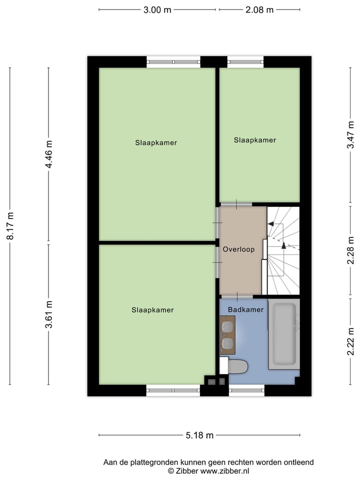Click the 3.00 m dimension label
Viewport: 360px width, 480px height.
coord(158,10)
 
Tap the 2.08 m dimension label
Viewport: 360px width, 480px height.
coord(259,10)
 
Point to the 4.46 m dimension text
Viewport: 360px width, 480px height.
coord(49,155)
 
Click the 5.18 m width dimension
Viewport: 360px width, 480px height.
coord(199,435)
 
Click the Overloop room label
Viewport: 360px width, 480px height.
coord(238,249)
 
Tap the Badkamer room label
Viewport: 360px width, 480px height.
coord(245,309)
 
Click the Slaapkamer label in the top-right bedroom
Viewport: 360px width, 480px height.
coord(254,140)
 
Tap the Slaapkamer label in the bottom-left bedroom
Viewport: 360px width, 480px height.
coord(152,310)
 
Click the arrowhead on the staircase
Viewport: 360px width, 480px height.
coord(283,245)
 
